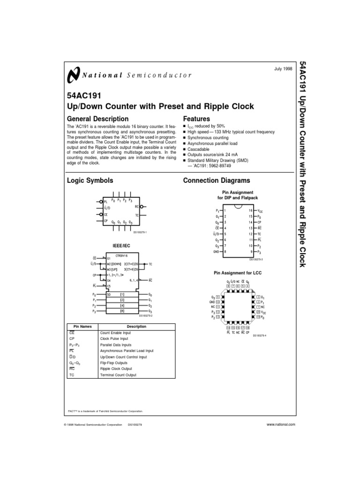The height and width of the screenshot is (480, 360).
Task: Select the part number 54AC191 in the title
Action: pos(84,96)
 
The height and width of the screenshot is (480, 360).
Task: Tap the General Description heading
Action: pos(98,119)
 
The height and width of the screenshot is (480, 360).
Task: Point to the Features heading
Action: pos(196,119)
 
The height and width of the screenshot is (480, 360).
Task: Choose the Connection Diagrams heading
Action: pos(217,180)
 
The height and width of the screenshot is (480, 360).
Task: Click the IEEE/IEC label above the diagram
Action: pos(121,245)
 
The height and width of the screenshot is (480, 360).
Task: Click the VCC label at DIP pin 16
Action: pos(261,211)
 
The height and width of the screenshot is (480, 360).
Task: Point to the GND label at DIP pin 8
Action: pos(217,251)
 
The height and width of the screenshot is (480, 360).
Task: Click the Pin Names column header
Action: pos(83,326)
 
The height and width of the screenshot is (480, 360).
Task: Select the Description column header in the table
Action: pos(137,326)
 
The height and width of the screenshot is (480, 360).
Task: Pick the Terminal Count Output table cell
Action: pos(118,375)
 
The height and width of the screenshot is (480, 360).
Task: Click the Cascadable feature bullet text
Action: pos(199,149)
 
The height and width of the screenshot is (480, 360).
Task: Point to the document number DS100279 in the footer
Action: pos(135,424)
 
